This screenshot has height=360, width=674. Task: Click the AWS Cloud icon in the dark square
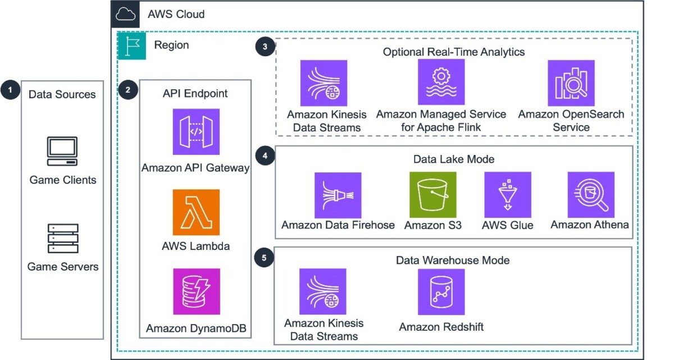pos(125,14)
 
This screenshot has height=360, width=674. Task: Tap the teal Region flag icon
pos(132,46)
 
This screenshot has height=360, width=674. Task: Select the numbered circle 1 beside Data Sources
pos(10,90)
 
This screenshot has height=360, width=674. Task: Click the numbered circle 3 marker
pos(265,47)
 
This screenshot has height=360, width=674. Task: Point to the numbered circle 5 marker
pos(264,258)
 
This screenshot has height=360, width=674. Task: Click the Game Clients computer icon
pos(62,151)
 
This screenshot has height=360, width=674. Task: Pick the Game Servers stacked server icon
pos(63,239)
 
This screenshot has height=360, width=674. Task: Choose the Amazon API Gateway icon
pos(196,132)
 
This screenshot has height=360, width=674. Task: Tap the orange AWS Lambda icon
pos(196,212)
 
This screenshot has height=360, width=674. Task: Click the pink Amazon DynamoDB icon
pos(197,291)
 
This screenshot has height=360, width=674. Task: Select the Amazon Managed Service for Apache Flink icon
pos(441,82)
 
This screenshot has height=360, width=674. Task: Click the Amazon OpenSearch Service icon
pos(571,83)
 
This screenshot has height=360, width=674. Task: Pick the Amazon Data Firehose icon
pos(338,195)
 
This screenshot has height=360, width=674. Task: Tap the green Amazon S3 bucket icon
pos(433,195)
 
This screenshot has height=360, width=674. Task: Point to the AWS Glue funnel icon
pos(508,195)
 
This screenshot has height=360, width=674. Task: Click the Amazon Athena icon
pos(591,195)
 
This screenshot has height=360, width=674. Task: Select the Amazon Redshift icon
pos(441,291)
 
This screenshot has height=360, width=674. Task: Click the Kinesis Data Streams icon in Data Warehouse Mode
pos(323,291)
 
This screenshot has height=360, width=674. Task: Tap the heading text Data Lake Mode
pos(454,159)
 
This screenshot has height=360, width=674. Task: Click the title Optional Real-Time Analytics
pos(454,52)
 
